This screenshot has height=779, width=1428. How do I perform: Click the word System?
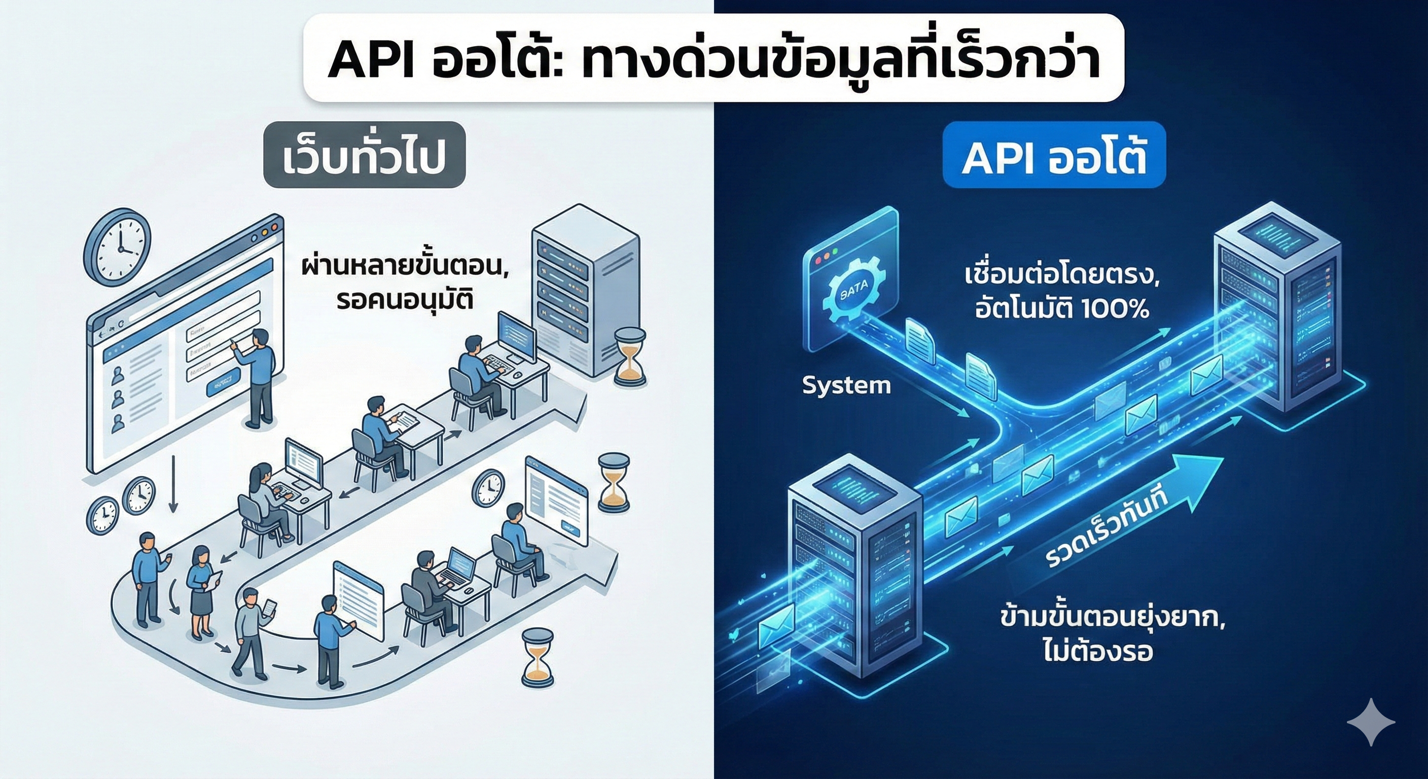(846, 385)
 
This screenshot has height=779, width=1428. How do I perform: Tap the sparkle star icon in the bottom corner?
(1371, 721)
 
